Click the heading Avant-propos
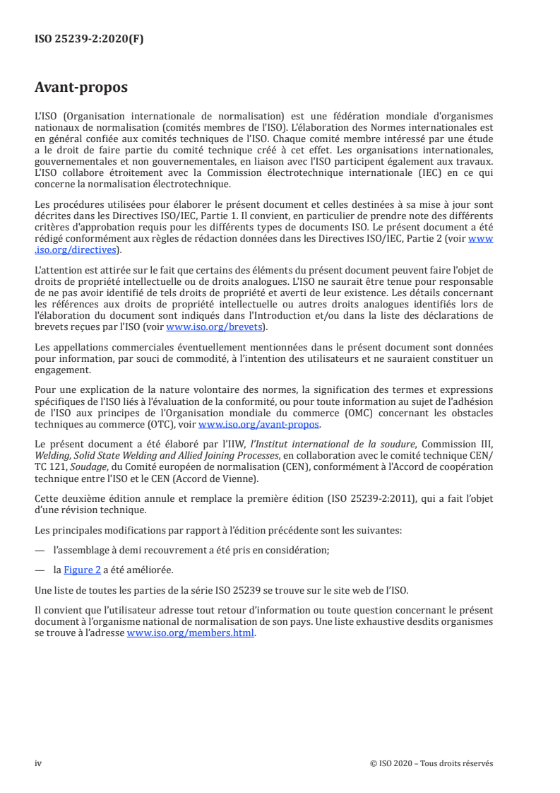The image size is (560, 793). [81, 88]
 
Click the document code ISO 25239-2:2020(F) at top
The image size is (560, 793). [89, 40]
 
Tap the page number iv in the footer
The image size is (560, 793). [39, 763]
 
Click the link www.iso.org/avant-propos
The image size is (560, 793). [260, 425]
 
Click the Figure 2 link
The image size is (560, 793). [82, 570]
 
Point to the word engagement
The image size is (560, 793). [62, 369]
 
